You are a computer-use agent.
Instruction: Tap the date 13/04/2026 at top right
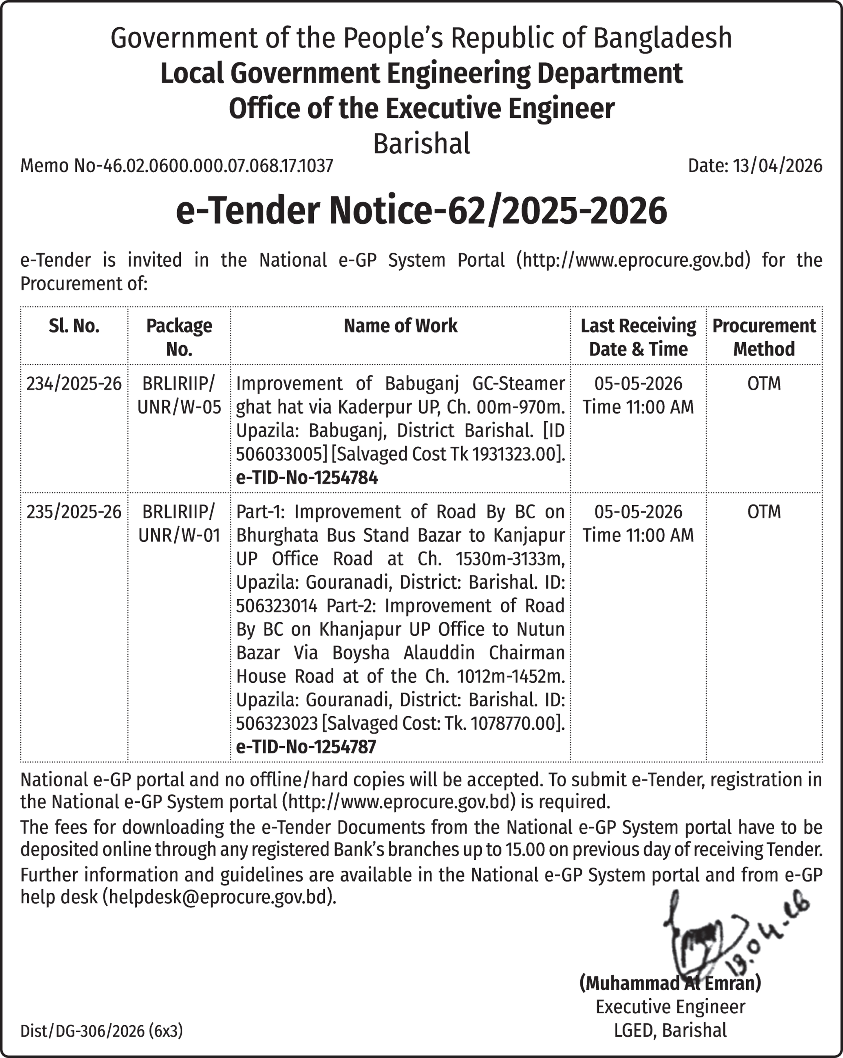755,166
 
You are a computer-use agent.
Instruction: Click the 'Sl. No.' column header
74,326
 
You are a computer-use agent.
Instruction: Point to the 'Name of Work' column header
401,326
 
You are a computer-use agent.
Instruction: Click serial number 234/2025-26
74,384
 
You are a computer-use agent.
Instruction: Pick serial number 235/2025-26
74,512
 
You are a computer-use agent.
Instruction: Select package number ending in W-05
179,407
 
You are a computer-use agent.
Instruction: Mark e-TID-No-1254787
306,747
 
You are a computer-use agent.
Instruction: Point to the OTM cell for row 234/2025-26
764,384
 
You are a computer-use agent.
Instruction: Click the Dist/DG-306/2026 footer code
101,1031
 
